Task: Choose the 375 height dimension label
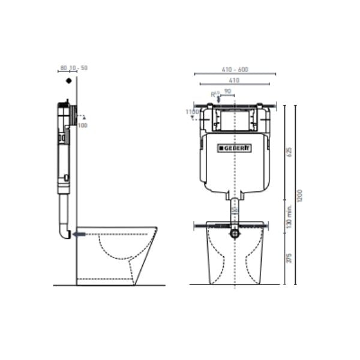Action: pos(289,258)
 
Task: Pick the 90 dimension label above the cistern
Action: pos(227,92)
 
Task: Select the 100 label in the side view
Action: pos(83,125)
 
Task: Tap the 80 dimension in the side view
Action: pos(63,68)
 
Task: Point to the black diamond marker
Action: pos(70,80)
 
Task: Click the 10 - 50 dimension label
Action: pos(79,68)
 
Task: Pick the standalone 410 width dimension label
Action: pos(235,80)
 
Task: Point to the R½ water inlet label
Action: pos(215,94)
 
